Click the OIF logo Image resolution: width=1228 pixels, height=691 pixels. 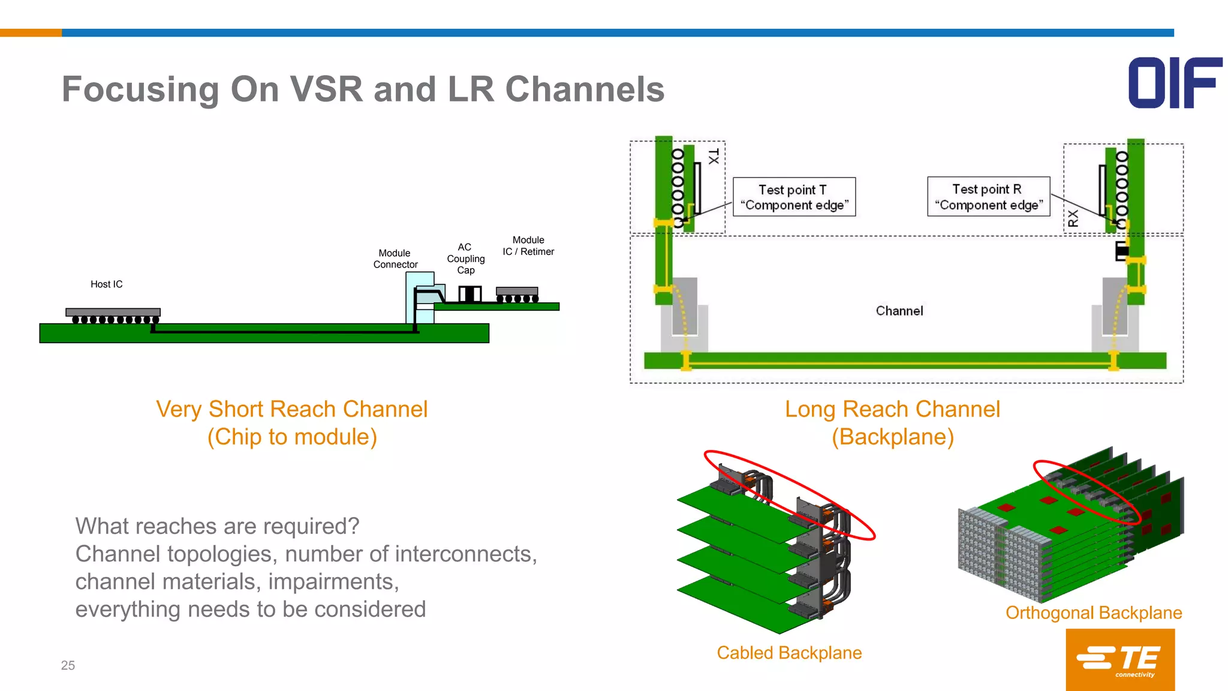(x=1175, y=83)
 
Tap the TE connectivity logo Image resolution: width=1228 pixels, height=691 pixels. (x=1119, y=659)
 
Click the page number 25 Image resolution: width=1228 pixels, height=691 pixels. (x=68, y=665)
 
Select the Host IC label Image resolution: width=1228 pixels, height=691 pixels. (x=106, y=284)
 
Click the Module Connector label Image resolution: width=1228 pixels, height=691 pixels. (x=395, y=259)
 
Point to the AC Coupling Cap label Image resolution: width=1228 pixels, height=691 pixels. (x=465, y=259)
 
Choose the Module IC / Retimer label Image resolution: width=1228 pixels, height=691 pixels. (x=528, y=246)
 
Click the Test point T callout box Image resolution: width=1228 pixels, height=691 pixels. (x=794, y=197)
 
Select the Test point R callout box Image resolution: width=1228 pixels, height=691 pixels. (x=988, y=197)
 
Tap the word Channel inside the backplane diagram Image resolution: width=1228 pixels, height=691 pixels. (x=899, y=311)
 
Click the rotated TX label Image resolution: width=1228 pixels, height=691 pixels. (x=714, y=157)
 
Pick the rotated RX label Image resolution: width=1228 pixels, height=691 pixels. (x=1073, y=218)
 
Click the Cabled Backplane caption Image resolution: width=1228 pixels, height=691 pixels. (x=789, y=653)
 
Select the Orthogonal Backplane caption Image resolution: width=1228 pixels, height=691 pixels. (x=1093, y=612)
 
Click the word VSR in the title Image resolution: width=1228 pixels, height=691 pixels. (x=326, y=89)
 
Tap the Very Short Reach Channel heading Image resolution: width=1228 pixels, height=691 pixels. (x=291, y=409)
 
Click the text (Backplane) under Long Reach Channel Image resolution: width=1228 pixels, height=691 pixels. (x=892, y=437)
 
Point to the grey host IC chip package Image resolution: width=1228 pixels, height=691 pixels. (x=113, y=312)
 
